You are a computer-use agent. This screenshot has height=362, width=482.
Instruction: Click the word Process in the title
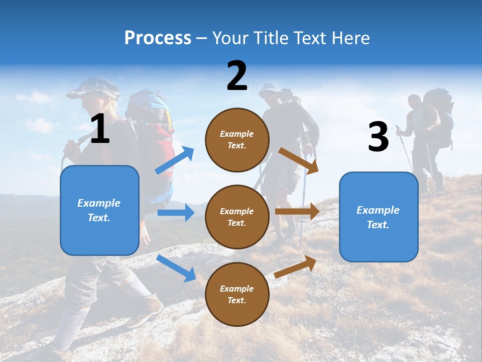point(158,38)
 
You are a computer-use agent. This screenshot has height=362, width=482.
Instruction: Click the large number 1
point(100,129)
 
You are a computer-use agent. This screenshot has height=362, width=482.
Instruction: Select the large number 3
point(378,137)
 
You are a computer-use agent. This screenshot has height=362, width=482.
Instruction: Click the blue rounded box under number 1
point(99,210)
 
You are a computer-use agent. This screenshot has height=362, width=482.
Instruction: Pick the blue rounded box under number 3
point(379,217)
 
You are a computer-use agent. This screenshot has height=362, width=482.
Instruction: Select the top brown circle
point(237,139)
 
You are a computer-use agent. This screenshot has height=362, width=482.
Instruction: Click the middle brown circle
point(237,217)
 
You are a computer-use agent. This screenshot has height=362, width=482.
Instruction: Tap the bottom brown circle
point(237,294)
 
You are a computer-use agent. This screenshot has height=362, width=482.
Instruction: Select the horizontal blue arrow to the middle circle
point(176,213)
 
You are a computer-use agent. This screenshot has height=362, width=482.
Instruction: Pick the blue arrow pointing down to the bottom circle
point(176,268)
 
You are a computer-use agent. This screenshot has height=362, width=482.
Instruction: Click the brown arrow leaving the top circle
point(298,160)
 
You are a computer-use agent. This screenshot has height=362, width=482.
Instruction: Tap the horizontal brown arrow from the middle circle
point(297,212)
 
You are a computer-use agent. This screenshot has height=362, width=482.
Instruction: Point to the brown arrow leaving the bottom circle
point(296,266)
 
